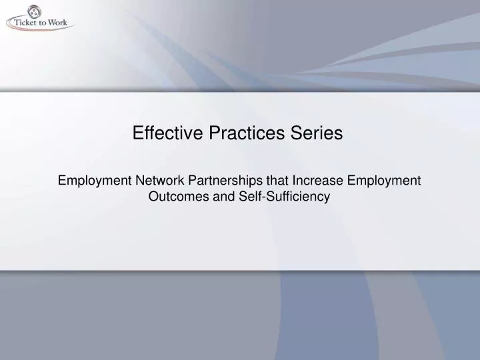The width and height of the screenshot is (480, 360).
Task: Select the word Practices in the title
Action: (x=235, y=133)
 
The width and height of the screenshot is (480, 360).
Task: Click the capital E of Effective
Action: (x=138, y=133)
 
